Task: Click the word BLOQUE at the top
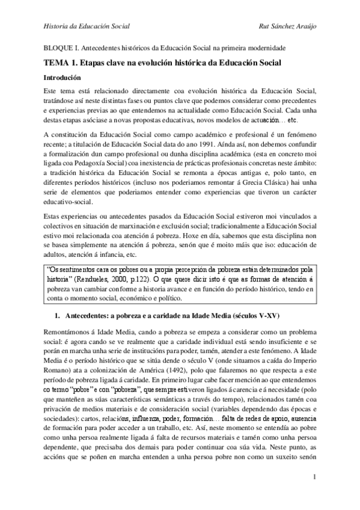(58, 48)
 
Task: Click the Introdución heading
(66, 78)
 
